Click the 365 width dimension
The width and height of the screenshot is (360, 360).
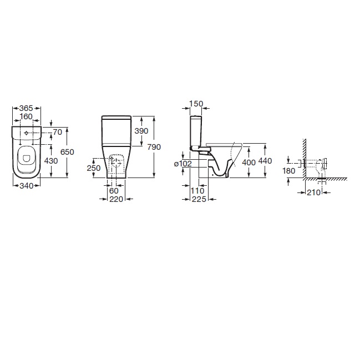[26, 108]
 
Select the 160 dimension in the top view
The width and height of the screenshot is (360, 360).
[26, 116]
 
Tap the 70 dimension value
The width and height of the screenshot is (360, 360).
[57, 132]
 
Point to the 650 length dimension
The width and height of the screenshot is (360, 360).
[67, 152]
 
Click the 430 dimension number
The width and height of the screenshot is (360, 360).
[51, 161]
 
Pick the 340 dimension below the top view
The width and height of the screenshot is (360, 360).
[27, 186]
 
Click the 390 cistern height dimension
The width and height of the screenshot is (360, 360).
[141, 131]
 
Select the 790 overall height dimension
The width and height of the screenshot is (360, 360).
[154, 147]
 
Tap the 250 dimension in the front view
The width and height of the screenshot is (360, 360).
[94, 168]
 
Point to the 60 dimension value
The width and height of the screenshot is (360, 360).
[114, 191]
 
